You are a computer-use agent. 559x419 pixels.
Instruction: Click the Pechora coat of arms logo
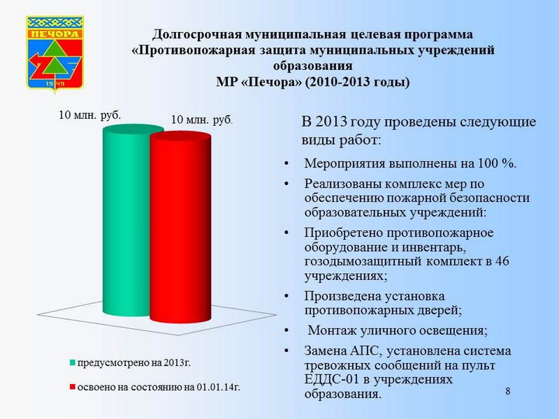(x=55, y=53)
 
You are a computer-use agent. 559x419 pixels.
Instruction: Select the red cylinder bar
(x=180, y=228)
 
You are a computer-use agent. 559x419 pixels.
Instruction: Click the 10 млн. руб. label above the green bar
(x=90, y=115)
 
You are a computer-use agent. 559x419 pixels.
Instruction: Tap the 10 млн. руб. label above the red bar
(x=202, y=119)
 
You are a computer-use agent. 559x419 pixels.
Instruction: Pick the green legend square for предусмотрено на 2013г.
(x=73, y=363)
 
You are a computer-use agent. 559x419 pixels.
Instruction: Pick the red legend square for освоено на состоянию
(x=73, y=387)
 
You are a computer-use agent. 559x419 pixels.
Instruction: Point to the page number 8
(x=508, y=391)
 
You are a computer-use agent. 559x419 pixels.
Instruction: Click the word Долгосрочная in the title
(x=198, y=35)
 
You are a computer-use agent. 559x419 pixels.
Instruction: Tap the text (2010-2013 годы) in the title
(x=357, y=82)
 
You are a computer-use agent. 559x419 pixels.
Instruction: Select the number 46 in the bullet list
(x=502, y=260)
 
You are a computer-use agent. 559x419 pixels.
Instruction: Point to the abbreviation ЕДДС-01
(x=331, y=379)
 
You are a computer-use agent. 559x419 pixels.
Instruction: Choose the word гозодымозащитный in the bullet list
(x=363, y=261)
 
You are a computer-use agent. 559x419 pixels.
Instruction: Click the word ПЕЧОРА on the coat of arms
(x=55, y=34)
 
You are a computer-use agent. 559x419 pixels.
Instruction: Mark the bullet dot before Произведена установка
(x=286, y=296)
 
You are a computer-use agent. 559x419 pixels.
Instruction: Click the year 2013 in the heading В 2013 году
(x=331, y=122)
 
